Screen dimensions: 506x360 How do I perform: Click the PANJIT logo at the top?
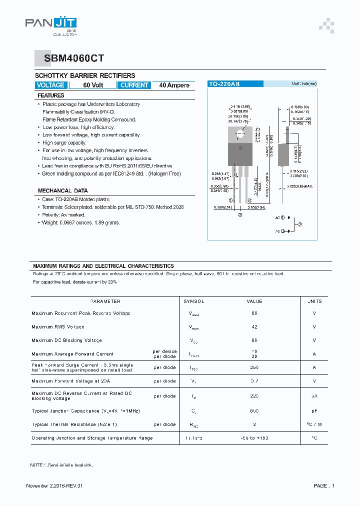pos(51,24)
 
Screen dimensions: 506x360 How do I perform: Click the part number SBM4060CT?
pos(74,58)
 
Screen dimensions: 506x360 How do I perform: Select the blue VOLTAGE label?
pos(50,85)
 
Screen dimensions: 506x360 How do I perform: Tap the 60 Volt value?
pos(93,85)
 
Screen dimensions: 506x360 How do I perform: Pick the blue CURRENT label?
pos(134,85)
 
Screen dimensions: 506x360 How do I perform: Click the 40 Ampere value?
pos(174,85)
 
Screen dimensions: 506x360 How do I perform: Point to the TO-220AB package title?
pos(224,84)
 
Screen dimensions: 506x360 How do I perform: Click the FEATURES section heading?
pos(51,95)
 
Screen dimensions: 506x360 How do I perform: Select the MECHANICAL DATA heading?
pos(62,190)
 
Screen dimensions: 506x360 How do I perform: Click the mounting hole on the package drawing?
pos(240,133)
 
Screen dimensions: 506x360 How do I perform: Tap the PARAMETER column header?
pos(105,301)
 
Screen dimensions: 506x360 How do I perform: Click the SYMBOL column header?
pos(194,301)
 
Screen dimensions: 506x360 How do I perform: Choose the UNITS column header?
pos(314,301)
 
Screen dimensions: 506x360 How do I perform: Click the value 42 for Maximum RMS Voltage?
pos(254,326)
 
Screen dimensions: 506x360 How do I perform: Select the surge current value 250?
pos(254,367)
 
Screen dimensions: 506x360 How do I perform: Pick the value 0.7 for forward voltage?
pos(254,381)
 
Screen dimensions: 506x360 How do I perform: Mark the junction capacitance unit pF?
pos(314,411)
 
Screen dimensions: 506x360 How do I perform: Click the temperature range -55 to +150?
pos(254,438)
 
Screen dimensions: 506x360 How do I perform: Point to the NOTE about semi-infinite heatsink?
pos(61,465)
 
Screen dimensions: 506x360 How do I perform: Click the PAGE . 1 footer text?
pos(324,486)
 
